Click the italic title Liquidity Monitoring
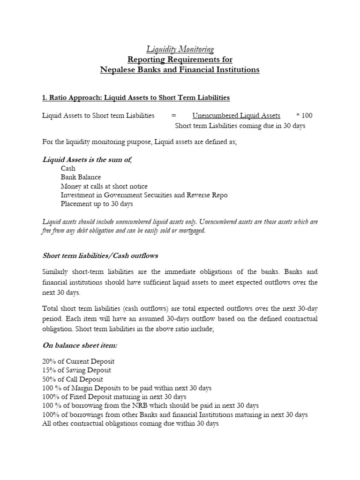pos(180,49)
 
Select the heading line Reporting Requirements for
pos(180,60)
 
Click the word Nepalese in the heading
pos(117,70)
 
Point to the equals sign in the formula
pos(173,116)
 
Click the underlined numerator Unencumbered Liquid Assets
pos(236,116)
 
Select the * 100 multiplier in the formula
pos(304,116)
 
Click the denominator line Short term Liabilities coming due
pos(240,126)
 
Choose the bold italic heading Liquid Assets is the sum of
pos(87,160)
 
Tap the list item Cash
pos(68,168)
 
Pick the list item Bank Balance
pos(81,177)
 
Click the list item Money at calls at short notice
pos(104,186)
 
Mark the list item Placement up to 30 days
pos(97,204)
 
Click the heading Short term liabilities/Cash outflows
pos(100,255)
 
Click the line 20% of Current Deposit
pos(78,361)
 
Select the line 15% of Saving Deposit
pos(77,370)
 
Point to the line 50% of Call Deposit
pos(73,379)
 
